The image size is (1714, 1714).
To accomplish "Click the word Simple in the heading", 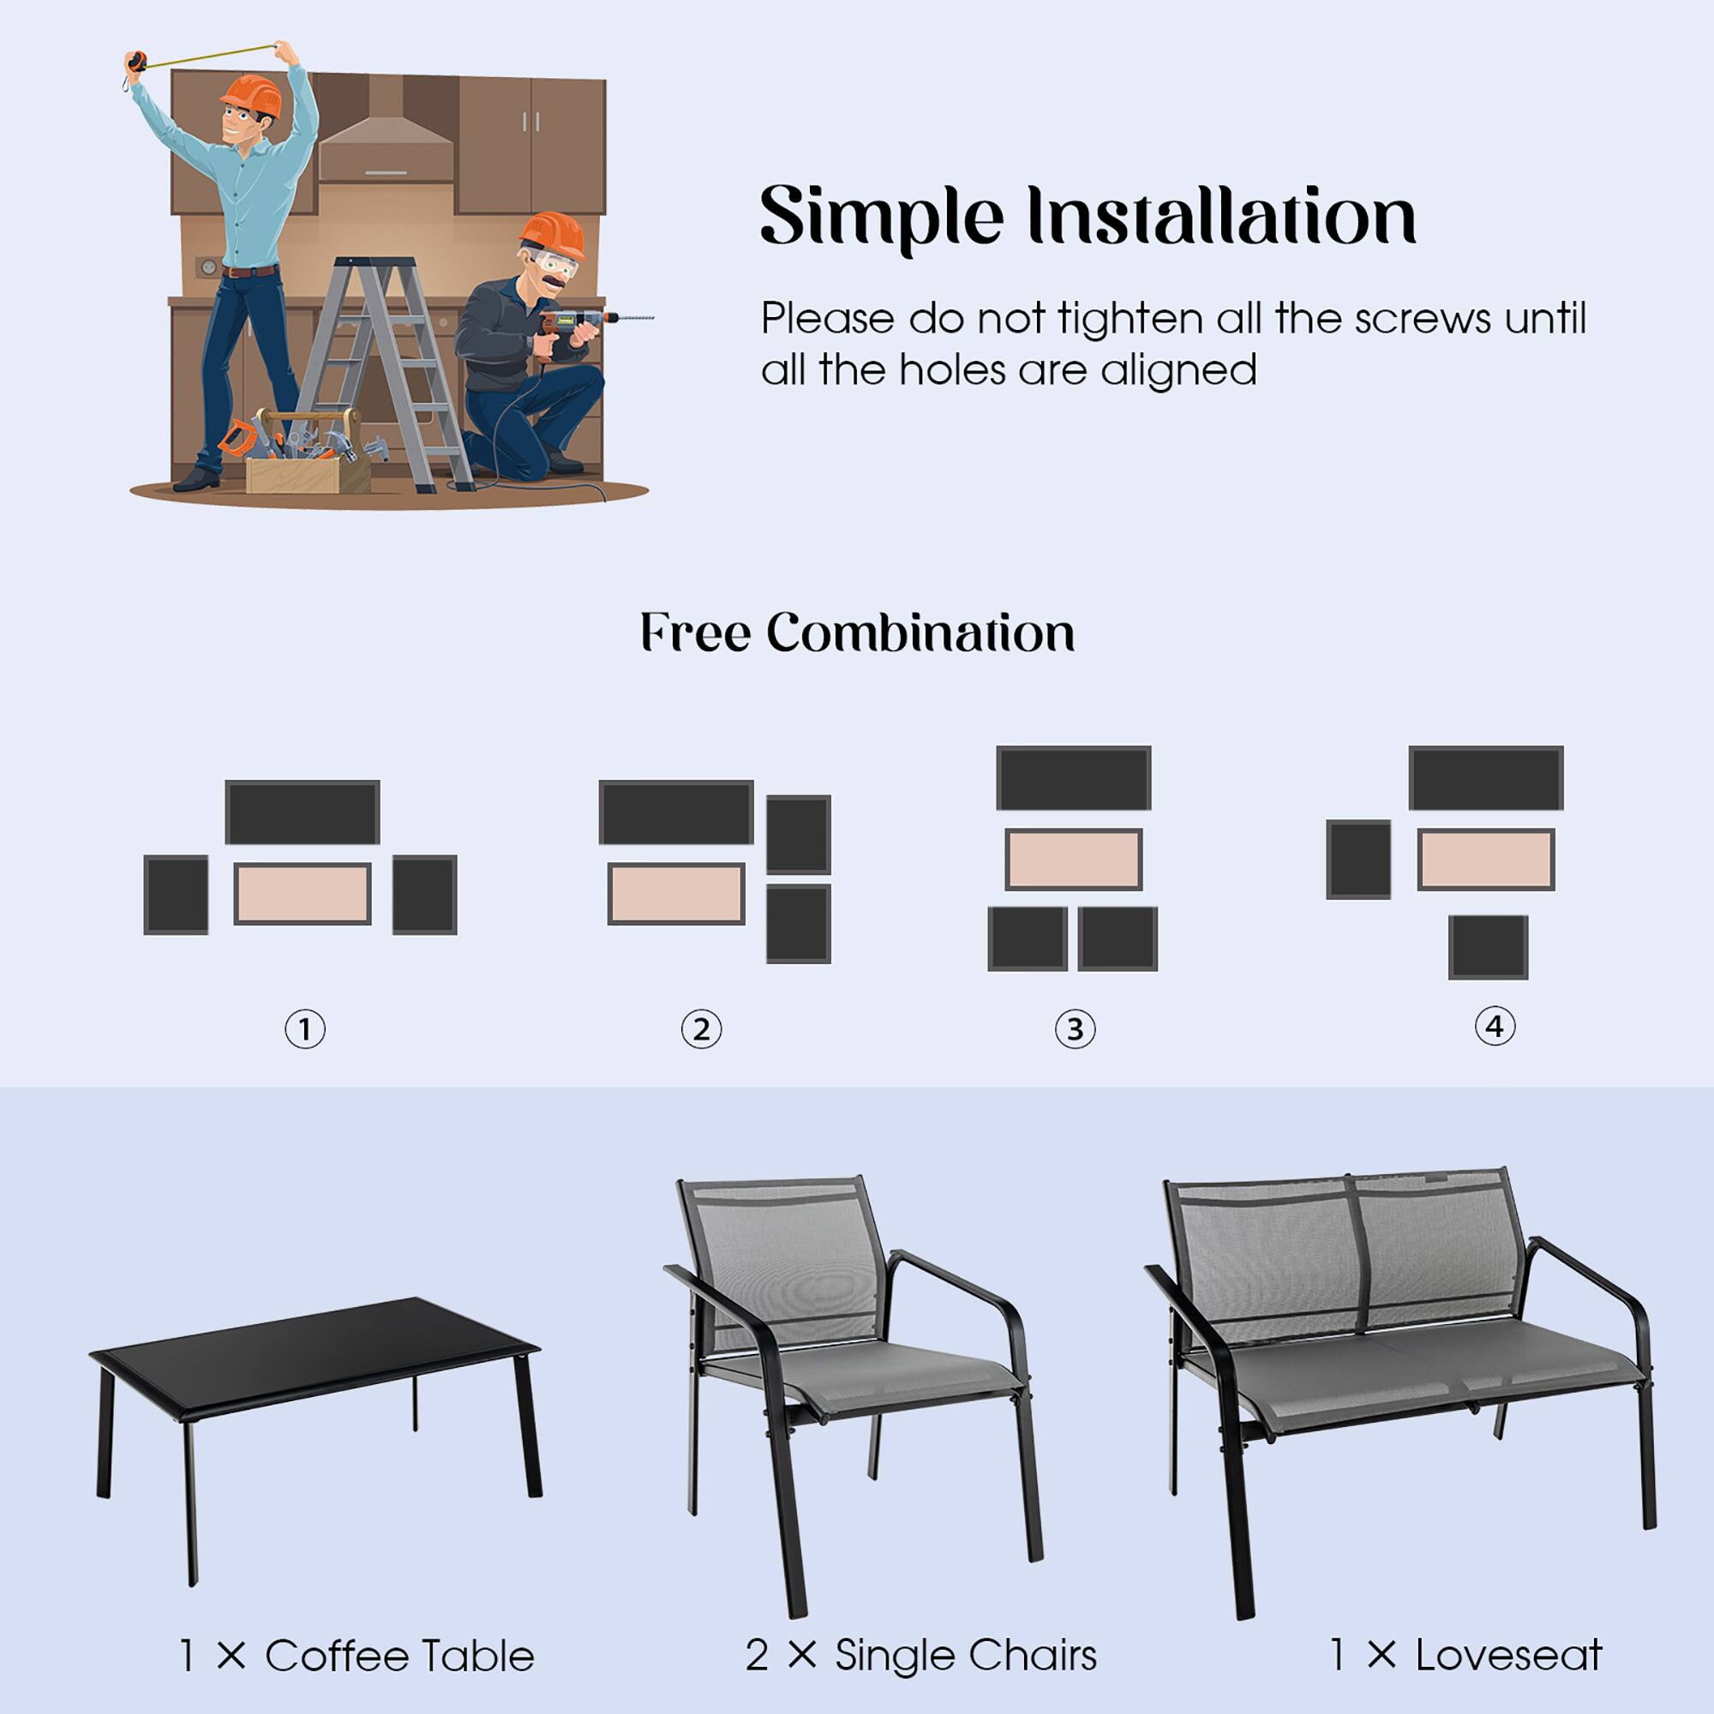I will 881,218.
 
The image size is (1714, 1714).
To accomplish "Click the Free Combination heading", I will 857,633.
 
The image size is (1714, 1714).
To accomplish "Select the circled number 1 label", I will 304,1030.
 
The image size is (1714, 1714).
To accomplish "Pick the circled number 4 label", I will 1494,1027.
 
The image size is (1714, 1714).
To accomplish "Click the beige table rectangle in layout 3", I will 1073,859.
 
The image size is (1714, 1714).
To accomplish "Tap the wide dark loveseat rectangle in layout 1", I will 303,812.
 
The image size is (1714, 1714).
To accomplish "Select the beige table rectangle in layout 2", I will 675,893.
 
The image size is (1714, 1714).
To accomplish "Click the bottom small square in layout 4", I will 1488,948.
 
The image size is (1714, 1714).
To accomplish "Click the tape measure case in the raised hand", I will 135,62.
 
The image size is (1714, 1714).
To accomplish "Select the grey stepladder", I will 386,363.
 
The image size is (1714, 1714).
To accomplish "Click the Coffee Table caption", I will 357,1657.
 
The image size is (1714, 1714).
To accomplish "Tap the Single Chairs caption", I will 921,1656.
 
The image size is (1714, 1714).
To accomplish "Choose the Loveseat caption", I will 1465,1656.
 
